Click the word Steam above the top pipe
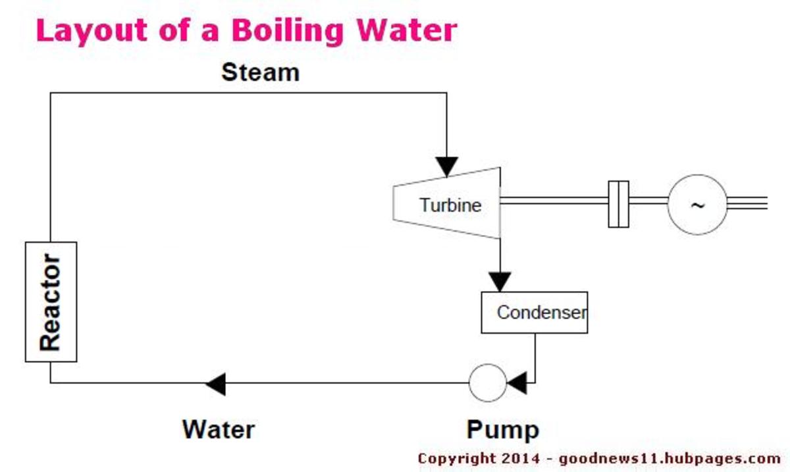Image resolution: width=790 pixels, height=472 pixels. (261, 72)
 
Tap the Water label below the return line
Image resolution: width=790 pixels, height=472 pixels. (219, 429)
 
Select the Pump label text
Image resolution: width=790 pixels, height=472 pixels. (503, 431)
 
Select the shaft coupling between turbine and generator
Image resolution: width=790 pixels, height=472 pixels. (619, 204)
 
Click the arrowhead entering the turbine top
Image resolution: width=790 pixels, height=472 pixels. (447, 167)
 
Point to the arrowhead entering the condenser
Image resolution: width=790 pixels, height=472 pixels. (500, 282)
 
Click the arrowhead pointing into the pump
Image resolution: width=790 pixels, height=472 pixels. (517, 382)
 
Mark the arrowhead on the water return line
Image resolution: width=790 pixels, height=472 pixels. (215, 384)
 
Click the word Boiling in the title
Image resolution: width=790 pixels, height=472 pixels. (288, 31)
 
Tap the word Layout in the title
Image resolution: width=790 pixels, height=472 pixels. (92, 31)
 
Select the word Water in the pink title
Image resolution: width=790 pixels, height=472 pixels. (407, 31)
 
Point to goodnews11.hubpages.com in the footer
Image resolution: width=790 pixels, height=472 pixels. (670, 459)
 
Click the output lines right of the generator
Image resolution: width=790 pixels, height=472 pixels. (747, 203)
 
